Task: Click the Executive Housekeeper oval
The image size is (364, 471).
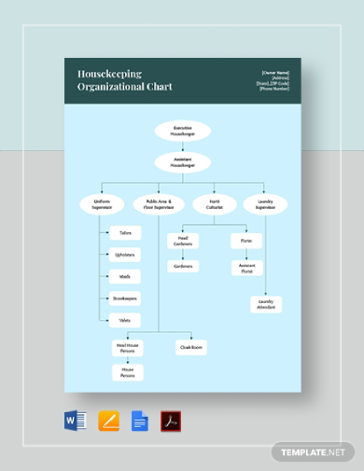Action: [183, 132]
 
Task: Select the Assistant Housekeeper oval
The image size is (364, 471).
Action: [183, 162]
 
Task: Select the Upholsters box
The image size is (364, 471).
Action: [125, 255]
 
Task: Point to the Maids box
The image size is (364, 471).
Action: [125, 276]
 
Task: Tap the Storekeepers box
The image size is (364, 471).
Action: [125, 298]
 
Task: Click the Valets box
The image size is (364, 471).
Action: [125, 320]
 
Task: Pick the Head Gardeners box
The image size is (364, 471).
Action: [182, 241]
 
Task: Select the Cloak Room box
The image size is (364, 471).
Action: [190, 348]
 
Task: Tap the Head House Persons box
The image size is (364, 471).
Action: [128, 348]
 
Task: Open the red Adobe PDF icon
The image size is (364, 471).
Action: [171, 421]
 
